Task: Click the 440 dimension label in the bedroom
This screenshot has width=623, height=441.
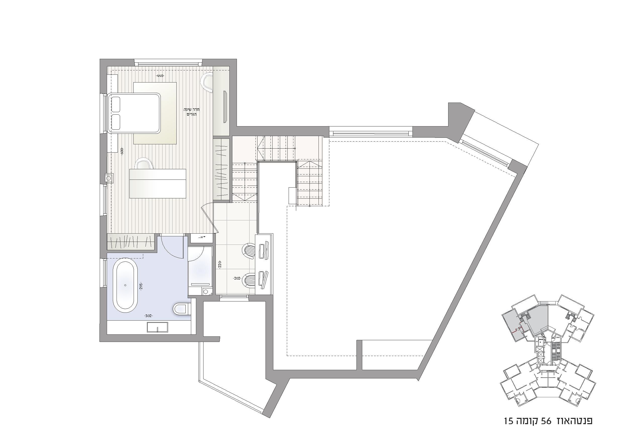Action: click(x=160, y=76)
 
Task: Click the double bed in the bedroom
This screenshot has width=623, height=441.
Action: click(x=134, y=113)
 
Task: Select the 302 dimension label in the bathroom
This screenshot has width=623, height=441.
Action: click(x=148, y=316)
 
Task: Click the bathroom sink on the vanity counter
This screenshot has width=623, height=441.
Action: click(x=157, y=327)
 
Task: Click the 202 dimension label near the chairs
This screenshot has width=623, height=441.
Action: click(x=237, y=278)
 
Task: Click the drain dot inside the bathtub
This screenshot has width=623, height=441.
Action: click(x=125, y=285)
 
